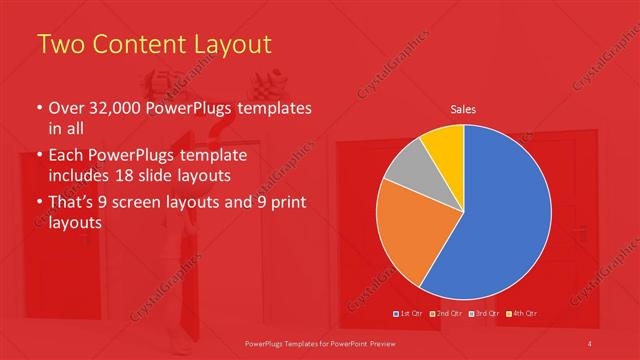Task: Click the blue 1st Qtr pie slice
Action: point(505,215)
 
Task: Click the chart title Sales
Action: point(463,109)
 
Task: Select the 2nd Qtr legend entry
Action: point(446,314)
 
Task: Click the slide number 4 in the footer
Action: point(590,344)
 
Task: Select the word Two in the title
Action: point(57,45)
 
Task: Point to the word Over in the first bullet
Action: point(67,108)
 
